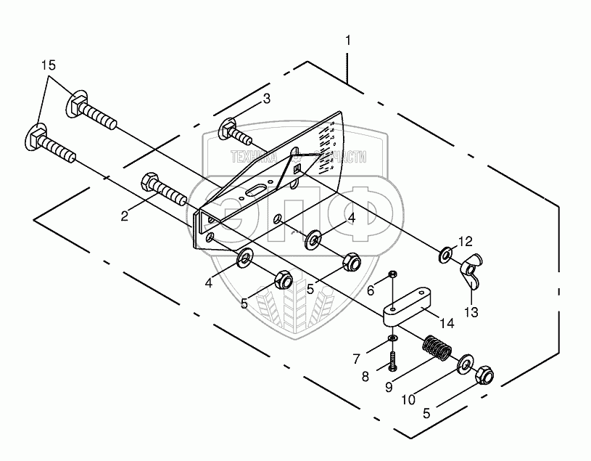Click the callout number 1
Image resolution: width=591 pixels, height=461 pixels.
348,41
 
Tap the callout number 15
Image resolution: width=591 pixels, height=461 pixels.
48,65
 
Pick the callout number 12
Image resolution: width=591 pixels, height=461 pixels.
465,240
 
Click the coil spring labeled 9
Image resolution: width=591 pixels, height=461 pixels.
437,346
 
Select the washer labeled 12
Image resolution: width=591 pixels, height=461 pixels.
445,255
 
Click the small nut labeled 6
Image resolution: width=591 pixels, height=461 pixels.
392,275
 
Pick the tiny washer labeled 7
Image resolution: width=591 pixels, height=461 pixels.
392,338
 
